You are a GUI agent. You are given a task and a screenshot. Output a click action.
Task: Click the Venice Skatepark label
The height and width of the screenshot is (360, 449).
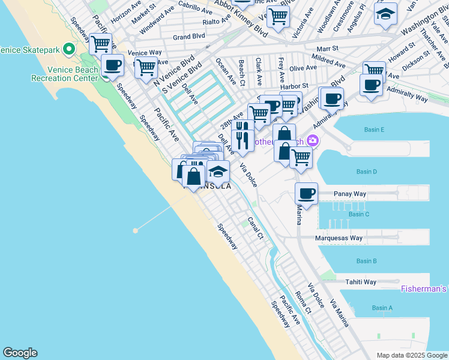tap(30, 49)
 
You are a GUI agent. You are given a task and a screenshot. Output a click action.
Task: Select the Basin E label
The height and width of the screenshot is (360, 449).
tap(374, 130)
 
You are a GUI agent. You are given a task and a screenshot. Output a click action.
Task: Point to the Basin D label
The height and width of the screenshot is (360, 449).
tap(366, 172)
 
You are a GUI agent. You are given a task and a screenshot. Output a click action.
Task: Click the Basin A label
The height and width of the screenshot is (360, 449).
tap(382, 308)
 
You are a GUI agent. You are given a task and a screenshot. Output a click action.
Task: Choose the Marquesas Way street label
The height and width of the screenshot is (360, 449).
tap(339, 238)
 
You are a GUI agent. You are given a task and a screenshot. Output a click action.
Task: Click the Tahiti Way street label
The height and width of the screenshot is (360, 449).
tap(360, 282)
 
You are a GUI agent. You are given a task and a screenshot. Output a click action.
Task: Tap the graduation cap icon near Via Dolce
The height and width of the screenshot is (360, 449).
tap(218, 172)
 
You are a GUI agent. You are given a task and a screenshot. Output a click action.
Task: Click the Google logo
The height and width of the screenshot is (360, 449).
tap(20, 353)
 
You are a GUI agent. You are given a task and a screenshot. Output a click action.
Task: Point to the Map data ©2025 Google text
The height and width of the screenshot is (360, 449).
tap(411, 355)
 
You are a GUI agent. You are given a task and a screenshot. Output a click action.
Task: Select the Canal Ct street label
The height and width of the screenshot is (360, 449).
tap(256, 227)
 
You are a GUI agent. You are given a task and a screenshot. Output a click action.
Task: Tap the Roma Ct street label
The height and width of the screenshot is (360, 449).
tap(303, 302)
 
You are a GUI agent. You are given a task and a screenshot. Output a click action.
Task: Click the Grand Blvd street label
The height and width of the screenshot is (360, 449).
tap(189, 37)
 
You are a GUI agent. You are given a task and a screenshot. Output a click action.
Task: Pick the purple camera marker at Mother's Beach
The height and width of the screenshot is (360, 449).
tap(312, 142)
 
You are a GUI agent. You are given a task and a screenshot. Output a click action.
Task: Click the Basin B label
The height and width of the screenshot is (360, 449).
tap(366, 261)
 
